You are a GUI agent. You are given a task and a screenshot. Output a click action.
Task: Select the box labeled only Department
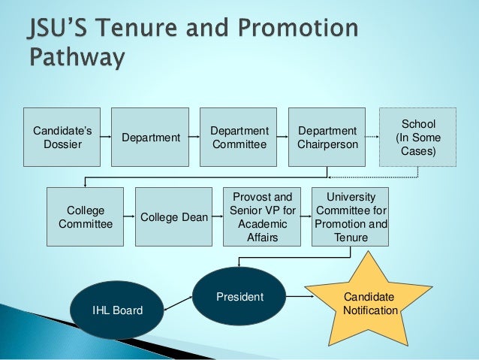pyautogui.click(x=150, y=138)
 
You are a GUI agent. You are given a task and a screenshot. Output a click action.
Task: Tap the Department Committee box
pyautogui.click(x=239, y=138)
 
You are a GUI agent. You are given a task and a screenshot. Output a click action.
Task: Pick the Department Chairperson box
pyautogui.click(x=327, y=138)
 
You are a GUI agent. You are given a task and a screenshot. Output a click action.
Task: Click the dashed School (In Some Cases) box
pyautogui.click(x=418, y=138)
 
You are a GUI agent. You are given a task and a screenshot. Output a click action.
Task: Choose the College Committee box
pyautogui.click(x=85, y=217)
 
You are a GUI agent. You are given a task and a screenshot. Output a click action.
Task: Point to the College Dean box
pyautogui.click(x=173, y=217)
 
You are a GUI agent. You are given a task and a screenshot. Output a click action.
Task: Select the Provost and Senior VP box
pyautogui.click(x=262, y=217)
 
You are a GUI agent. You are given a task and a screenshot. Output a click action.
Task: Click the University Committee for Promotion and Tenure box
pyautogui.click(x=351, y=217)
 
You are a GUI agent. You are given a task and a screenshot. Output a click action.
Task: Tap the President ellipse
pyautogui.click(x=239, y=297)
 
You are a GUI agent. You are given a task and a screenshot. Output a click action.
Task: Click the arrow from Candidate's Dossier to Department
pyautogui.click(x=106, y=138)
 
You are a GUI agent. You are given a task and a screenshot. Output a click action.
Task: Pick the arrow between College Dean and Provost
pyautogui.click(x=218, y=217)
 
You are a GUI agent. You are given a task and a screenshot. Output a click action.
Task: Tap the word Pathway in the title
pyautogui.click(x=75, y=57)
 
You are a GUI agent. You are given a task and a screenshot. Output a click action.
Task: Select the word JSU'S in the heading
pyautogui.click(x=53, y=30)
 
